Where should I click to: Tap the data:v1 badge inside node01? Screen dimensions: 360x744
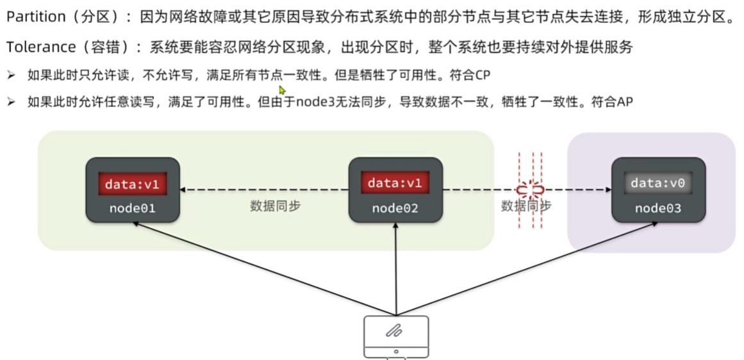(x=131, y=184)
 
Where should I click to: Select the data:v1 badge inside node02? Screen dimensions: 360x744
(x=395, y=184)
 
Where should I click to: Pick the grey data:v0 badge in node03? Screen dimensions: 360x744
(x=658, y=184)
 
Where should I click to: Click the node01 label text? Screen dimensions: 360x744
(x=132, y=208)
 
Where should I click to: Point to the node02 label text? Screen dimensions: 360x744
(x=395, y=208)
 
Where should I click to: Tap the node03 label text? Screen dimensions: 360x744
(x=658, y=208)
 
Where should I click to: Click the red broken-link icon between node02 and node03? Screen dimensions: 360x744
(x=529, y=190)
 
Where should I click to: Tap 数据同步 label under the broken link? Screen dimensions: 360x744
(x=526, y=206)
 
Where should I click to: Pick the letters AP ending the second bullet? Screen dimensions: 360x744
(x=625, y=102)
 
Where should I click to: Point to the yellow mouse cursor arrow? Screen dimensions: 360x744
(x=281, y=90)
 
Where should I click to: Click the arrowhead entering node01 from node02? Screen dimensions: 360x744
(x=183, y=190)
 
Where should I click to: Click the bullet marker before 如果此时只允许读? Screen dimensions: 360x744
(x=11, y=75)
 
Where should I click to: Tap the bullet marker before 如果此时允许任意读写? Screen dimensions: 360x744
(x=11, y=102)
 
